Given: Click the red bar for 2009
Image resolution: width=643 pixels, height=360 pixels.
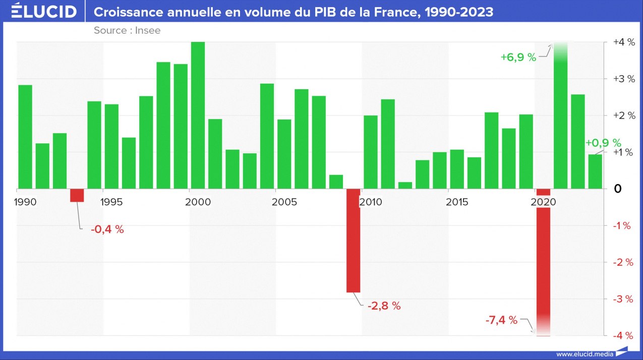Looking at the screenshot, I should pyautogui.click(x=354, y=241).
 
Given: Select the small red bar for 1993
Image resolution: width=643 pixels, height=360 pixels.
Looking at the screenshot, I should pyautogui.click(x=77, y=195).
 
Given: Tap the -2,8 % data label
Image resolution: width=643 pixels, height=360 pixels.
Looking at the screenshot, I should pyautogui.click(x=384, y=306).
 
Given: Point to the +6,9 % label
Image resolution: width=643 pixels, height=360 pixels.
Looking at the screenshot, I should pyautogui.click(x=518, y=57).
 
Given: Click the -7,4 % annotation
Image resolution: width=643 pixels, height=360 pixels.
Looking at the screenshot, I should pyautogui.click(x=501, y=320).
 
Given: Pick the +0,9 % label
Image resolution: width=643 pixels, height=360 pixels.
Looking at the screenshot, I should pyautogui.click(x=603, y=143).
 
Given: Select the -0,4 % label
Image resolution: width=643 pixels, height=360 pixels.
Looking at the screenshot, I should pyautogui.click(x=107, y=229).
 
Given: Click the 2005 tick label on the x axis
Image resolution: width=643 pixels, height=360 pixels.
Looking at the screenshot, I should pyautogui.click(x=284, y=202).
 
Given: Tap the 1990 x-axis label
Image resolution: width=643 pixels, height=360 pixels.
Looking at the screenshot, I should pyautogui.click(x=25, y=202).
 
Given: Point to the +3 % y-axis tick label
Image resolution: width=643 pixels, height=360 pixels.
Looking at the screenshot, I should pyautogui.click(x=622, y=79).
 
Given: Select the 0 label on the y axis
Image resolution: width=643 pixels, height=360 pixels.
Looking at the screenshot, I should pyautogui.click(x=618, y=189).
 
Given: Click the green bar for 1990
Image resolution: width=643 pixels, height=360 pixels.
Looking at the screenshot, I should pyautogui.click(x=25, y=137).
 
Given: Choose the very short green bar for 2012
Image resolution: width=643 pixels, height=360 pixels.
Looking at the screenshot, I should pyautogui.click(x=405, y=186).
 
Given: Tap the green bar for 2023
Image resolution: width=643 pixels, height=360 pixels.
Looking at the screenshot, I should pyautogui.click(x=595, y=171).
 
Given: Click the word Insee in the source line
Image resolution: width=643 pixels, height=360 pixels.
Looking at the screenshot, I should pyautogui.click(x=148, y=30).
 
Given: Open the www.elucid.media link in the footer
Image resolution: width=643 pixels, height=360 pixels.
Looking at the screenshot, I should pyautogui.click(x=585, y=354).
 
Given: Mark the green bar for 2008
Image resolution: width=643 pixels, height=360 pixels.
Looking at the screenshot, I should pyautogui.click(x=336, y=182).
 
